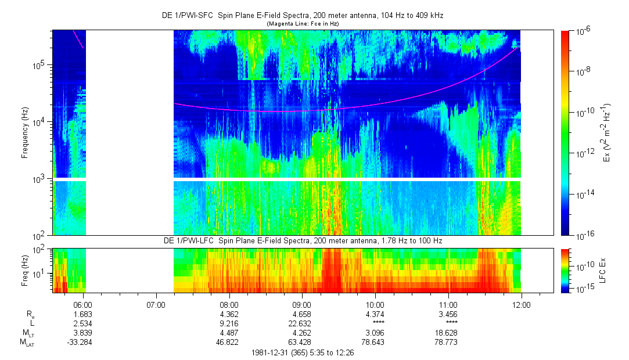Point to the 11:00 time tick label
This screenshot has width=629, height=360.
[x=448, y=304]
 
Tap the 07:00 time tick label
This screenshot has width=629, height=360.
[x=156, y=304]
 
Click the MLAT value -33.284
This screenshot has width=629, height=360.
[x=80, y=342]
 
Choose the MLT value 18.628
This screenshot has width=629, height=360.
[x=448, y=332]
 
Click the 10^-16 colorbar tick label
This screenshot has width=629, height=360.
[x=583, y=235]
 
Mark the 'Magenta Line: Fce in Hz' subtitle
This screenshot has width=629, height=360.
[x=303, y=24]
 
